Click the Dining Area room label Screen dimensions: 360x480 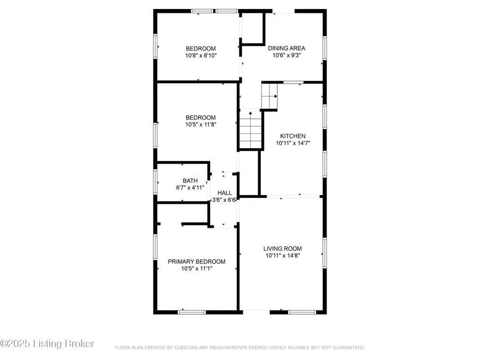coord(287,48)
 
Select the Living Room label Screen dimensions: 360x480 coord(283,249)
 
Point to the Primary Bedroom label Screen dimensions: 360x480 coord(196,262)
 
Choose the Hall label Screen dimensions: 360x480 coord(225,193)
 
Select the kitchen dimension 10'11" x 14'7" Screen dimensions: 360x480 coord(293,143)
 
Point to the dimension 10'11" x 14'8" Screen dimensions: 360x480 coord(283,255)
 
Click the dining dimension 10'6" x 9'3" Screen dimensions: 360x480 coord(287,55)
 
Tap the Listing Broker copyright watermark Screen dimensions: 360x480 coord(47,343)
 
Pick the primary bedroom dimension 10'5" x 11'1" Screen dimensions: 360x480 coord(196,269)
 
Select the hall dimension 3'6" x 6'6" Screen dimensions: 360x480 coord(225,199)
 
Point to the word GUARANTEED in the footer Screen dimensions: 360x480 coord(347,348)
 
